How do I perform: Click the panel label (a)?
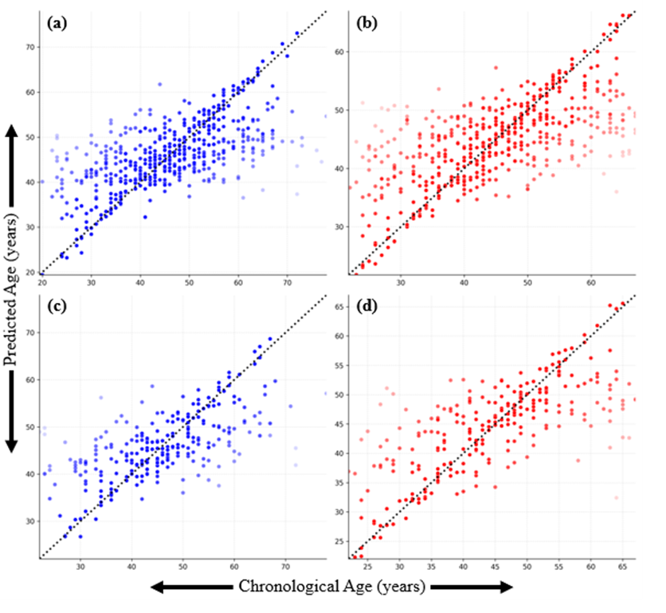[x=57, y=23]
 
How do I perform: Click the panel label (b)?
[x=366, y=23]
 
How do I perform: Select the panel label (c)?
[x=57, y=306]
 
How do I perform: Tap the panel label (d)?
[x=367, y=306]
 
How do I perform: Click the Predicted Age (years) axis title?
[x=11, y=289]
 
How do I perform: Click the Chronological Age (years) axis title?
[x=331, y=586]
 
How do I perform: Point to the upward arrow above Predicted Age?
[x=11, y=166]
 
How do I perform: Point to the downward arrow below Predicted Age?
[x=11, y=412]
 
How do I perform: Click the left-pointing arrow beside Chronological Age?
[x=192, y=587]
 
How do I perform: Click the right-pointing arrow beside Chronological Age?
[x=472, y=587]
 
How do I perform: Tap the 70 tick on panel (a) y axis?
[x=30, y=47]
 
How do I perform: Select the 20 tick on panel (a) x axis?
[x=41, y=282]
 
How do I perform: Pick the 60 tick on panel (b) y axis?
[x=339, y=52]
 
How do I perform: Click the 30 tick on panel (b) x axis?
[x=401, y=282]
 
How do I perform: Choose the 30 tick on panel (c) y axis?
[x=30, y=521]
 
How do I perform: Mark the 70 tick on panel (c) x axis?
[x=285, y=567]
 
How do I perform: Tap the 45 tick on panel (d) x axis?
[x=495, y=567]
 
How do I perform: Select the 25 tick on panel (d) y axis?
[x=339, y=541]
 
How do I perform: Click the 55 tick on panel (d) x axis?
[x=558, y=567]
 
